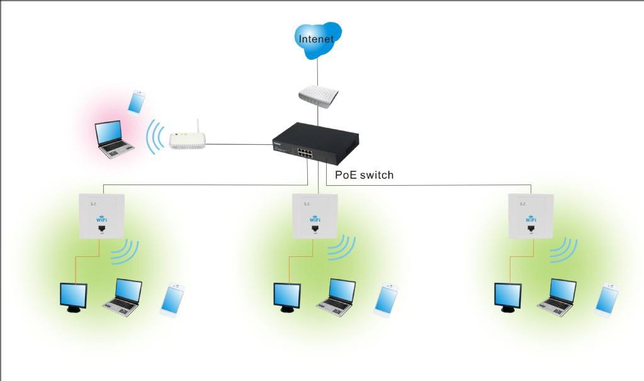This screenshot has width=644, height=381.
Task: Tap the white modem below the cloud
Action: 318,96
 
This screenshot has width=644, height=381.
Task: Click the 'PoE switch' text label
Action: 364,174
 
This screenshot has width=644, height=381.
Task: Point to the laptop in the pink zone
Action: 114,140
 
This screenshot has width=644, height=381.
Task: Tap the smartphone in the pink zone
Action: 137,102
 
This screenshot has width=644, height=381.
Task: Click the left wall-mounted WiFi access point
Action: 101,215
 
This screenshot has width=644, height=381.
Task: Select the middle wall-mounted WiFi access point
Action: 314,215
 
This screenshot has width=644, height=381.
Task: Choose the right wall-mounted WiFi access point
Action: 530,215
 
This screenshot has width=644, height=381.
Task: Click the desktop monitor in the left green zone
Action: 73,297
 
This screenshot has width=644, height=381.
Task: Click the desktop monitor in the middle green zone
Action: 286,297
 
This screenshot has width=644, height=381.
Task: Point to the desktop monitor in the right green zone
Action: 507,297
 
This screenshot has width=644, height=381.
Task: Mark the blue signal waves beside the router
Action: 153,135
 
